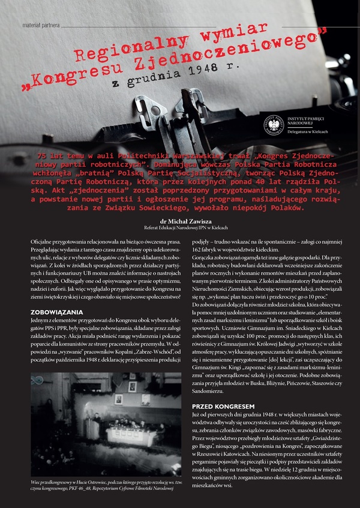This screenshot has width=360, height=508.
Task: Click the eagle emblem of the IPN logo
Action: pyautogui.click(x=275, y=124)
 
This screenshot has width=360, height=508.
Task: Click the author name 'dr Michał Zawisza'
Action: pyautogui.click(x=180, y=221)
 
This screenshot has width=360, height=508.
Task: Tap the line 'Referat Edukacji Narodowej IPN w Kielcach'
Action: pyautogui.click(x=180, y=229)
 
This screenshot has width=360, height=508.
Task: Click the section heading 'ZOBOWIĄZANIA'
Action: pyautogui.click(x=56, y=312)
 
